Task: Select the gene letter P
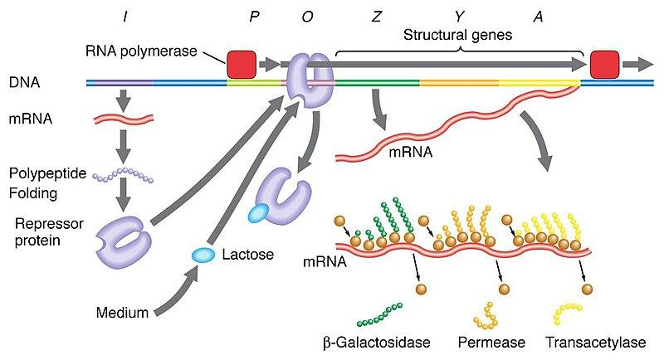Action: click(x=255, y=17)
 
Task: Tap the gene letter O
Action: click(x=309, y=17)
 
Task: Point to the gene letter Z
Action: click(x=378, y=17)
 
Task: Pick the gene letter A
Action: click(x=538, y=17)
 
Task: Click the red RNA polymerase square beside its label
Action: click(x=242, y=64)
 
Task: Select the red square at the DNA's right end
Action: click(x=603, y=64)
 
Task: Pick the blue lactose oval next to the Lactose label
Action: click(x=203, y=255)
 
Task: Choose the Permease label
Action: click(x=486, y=341)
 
